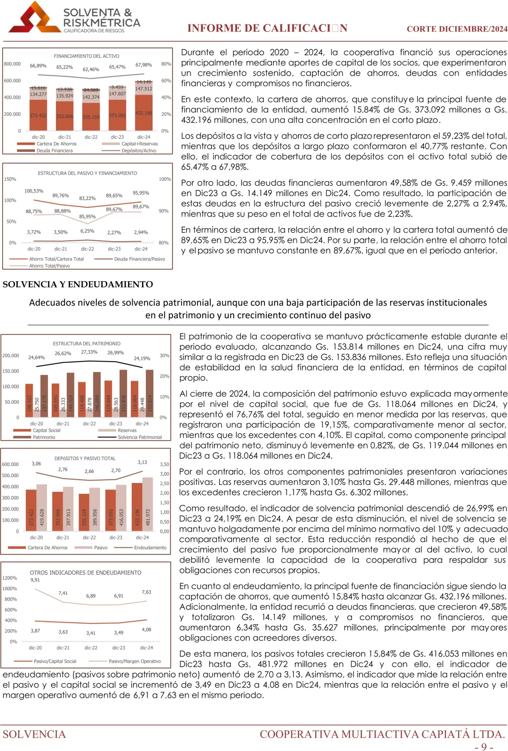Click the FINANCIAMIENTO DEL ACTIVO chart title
pyautogui.click(x=87, y=56)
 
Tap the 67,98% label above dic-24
pyautogui.click(x=143, y=65)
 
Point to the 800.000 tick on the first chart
pyautogui.click(x=12, y=64)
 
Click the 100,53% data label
pyautogui.click(x=34, y=191)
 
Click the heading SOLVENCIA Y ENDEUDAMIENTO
pyautogui.click(x=78, y=285)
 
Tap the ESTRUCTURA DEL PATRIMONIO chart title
pyautogui.click(x=87, y=344)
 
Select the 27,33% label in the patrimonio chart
pyautogui.click(x=89, y=352)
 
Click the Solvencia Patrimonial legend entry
pyautogui.click(x=140, y=437)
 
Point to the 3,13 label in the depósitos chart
pyautogui.click(x=142, y=462)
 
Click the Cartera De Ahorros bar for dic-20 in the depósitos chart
pyautogui.click(x=31, y=509)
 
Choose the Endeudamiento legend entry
pyautogui.click(x=150, y=548)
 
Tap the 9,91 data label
pyautogui.click(x=35, y=580)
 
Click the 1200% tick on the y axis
pyautogui.click(x=10, y=578)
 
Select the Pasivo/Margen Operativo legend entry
pyautogui.click(x=135, y=661)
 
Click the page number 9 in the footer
pyautogui.click(x=484, y=747)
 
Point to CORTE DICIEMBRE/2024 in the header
pyautogui.click(x=457, y=29)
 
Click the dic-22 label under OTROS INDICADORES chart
pyautogui.click(x=91, y=648)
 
